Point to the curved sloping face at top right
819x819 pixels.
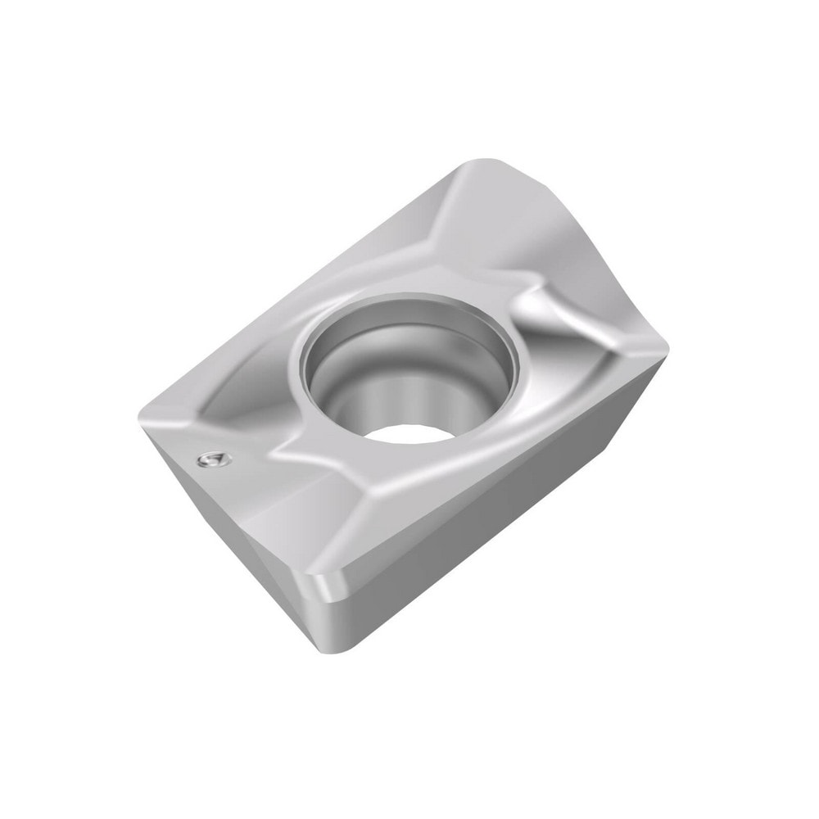565,229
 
